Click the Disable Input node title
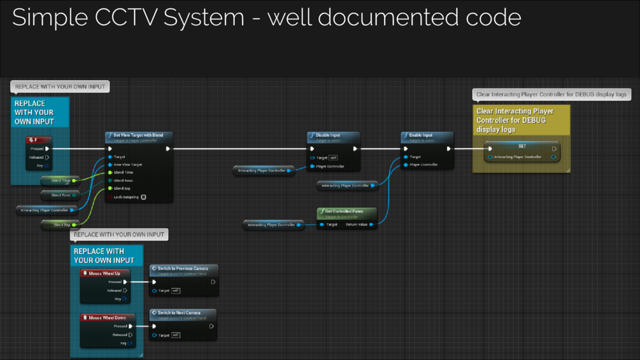pos(328,135)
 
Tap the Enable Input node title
pos(420,135)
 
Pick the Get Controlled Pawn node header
pos(345,211)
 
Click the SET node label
pos(522,146)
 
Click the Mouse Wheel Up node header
pos(104,273)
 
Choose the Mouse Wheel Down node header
pos(107,317)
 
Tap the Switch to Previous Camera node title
pos(183,268)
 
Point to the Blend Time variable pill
pos(60,181)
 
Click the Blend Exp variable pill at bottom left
pos(61,225)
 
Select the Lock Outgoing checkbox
pos(143,197)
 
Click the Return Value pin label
pos(356,224)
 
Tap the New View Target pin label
pos(127,164)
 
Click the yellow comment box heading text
pos(515,120)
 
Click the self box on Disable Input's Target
pos(333,157)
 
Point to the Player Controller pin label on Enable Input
pos(423,164)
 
